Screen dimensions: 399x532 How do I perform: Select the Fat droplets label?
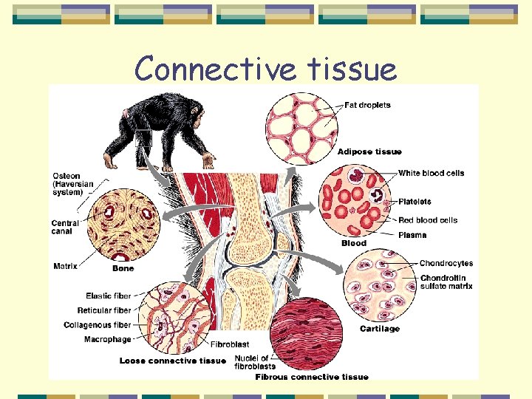(x=367, y=105)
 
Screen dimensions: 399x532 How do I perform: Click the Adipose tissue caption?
(x=369, y=151)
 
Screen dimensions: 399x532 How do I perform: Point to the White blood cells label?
(x=431, y=173)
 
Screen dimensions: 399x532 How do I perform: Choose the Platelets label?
(x=415, y=201)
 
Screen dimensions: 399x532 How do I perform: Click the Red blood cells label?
(x=428, y=220)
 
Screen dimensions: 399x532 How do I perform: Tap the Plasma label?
(x=412, y=235)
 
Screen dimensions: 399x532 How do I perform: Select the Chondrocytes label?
(x=446, y=263)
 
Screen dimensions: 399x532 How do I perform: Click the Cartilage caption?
(x=379, y=329)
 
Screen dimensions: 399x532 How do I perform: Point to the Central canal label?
(x=66, y=228)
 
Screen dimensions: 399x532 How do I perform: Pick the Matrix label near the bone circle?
(x=66, y=266)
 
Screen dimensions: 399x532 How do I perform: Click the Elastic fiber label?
(x=108, y=296)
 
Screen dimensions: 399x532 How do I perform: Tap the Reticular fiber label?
(x=104, y=310)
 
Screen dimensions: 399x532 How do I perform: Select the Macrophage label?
(x=107, y=339)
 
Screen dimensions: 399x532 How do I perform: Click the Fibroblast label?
(x=230, y=344)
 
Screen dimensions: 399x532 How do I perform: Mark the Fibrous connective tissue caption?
(x=311, y=377)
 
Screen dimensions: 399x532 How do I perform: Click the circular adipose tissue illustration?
(x=299, y=128)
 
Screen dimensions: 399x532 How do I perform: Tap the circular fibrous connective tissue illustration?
(x=307, y=333)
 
